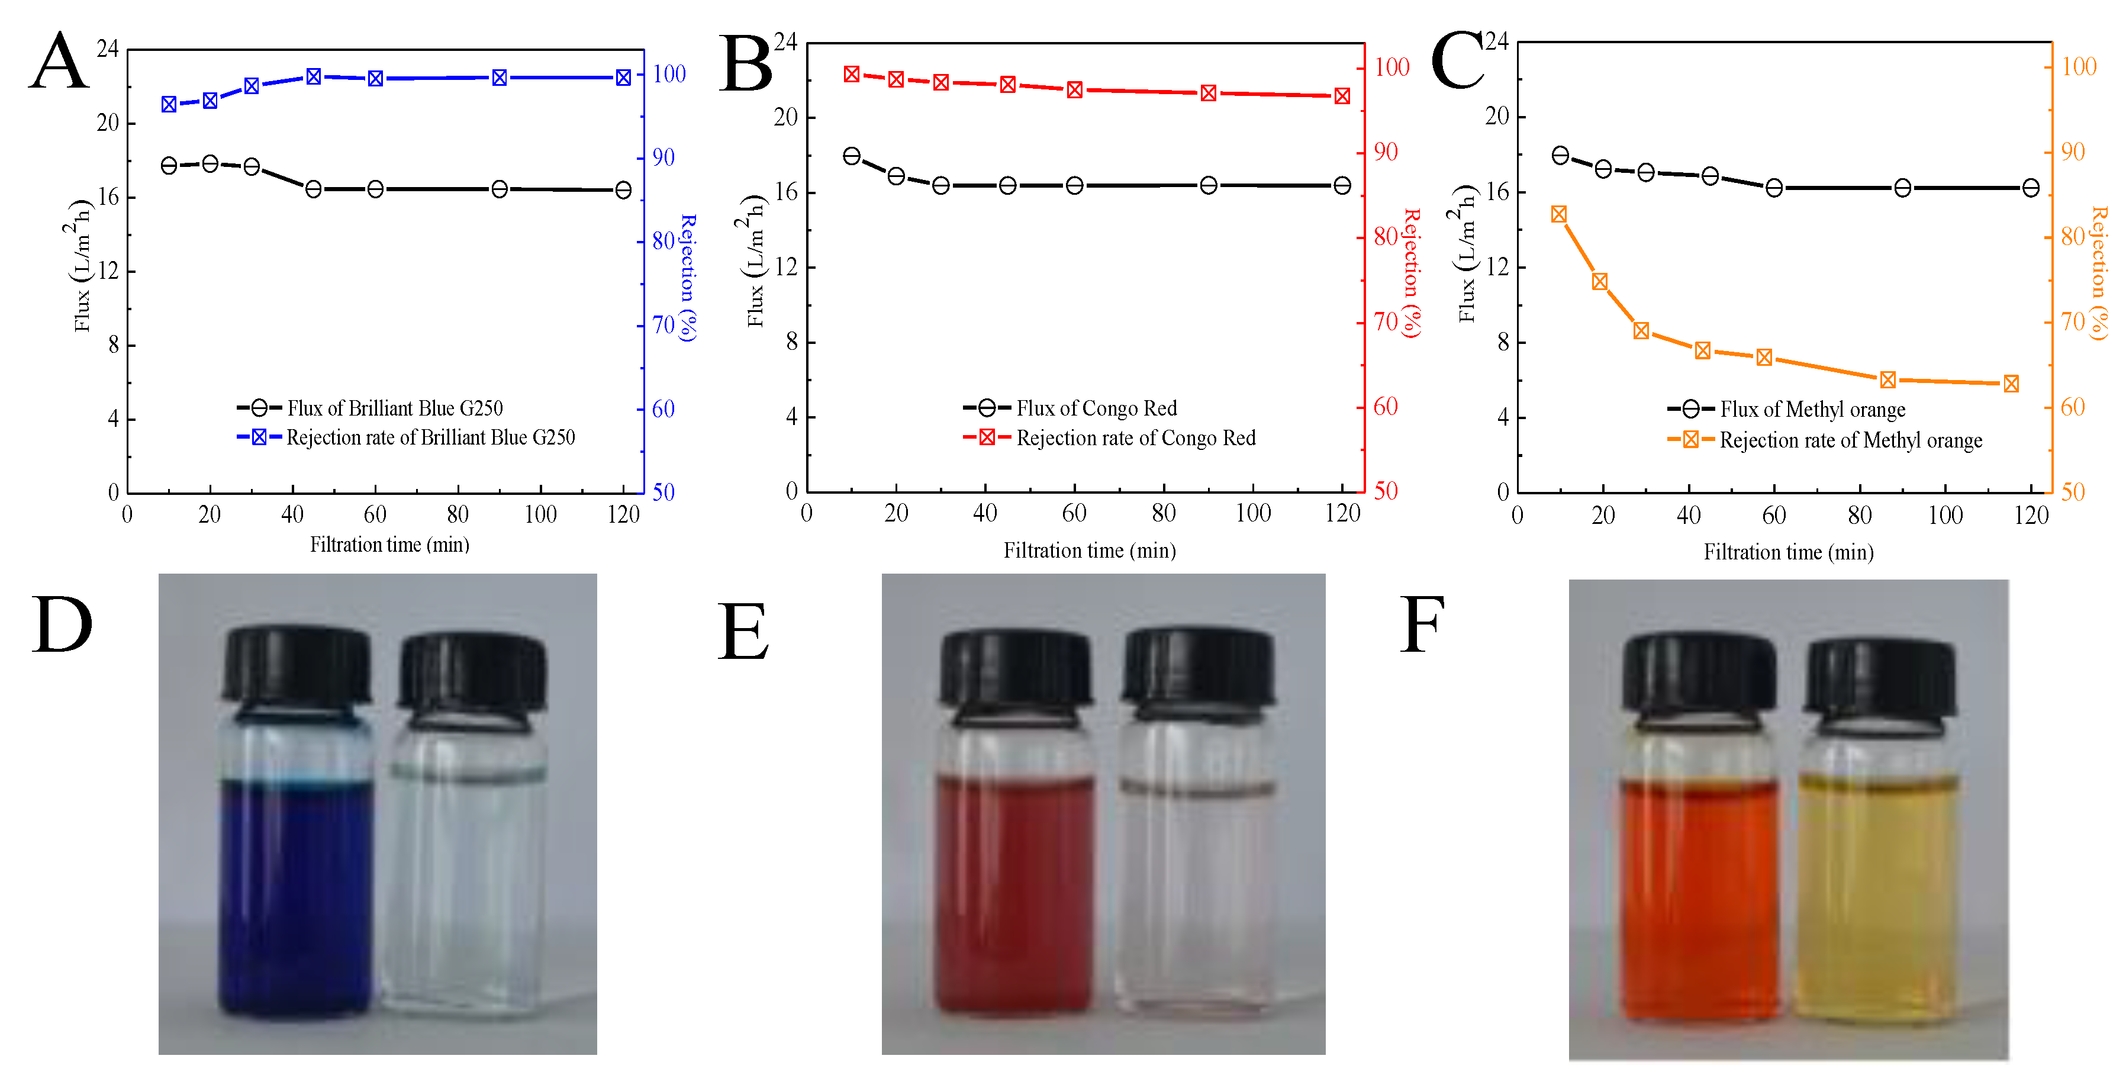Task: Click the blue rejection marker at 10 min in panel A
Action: (169, 104)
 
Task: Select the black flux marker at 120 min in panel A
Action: (623, 191)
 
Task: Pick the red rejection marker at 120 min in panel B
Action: (1342, 96)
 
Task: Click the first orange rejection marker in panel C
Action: (1559, 214)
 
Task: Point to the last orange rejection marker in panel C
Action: (2011, 384)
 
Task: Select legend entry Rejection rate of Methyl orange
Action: (1850, 440)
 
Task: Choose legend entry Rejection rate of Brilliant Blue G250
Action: (429, 437)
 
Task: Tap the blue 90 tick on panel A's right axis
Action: (663, 157)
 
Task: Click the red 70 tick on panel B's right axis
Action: (1386, 322)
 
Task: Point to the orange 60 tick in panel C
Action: (2072, 407)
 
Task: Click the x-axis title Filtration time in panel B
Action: (1090, 551)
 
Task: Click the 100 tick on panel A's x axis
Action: (540, 515)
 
